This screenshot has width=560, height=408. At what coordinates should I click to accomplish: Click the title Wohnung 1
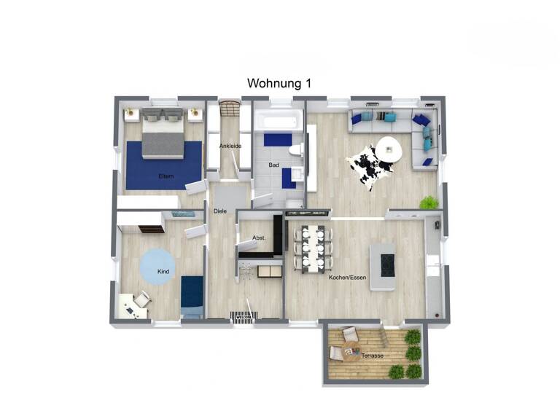(x=279, y=84)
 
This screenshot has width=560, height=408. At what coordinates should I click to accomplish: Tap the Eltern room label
(x=166, y=176)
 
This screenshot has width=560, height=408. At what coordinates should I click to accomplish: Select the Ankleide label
(x=230, y=146)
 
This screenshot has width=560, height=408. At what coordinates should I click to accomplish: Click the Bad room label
(x=273, y=165)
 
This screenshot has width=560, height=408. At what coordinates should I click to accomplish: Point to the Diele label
(x=219, y=211)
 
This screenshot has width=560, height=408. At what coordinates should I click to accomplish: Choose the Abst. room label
(x=258, y=238)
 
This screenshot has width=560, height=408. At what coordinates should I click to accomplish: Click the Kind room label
(x=163, y=272)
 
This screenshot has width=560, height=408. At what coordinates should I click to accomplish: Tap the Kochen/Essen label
(x=346, y=278)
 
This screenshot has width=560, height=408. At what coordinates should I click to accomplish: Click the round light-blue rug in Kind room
(x=157, y=267)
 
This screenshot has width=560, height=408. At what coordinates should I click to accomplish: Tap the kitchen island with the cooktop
(x=383, y=267)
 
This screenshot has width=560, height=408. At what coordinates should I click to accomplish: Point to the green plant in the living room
(x=429, y=202)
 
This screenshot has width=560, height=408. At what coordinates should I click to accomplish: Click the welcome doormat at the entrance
(x=241, y=317)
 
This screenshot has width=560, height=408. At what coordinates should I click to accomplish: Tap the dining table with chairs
(x=315, y=248)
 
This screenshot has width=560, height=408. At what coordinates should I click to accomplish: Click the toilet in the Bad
(x=295, y=150)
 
